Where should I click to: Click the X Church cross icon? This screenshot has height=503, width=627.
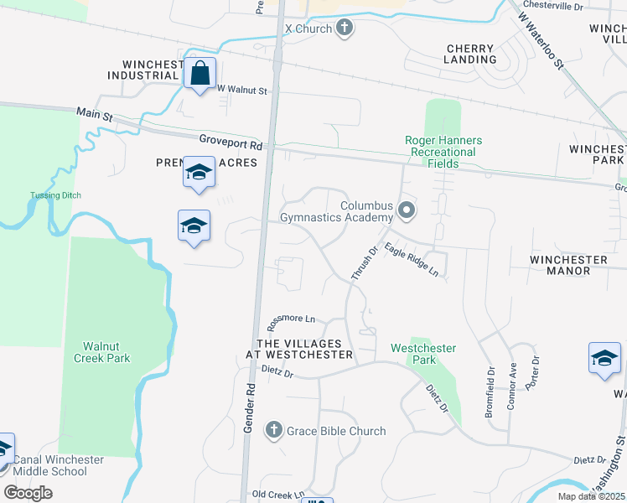coord(343,29)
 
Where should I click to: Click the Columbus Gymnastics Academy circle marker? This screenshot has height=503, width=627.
coord(407,210)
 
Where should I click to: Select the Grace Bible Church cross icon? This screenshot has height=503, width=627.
coord(272,431)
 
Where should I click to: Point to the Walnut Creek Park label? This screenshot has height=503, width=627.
coord(106,352)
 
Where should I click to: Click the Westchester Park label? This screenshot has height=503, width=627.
coord(423,354)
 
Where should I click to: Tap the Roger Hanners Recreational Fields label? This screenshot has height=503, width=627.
coord(441,152)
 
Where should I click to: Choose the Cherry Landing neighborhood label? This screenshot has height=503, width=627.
coord(471,54)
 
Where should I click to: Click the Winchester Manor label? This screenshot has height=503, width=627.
coord(568,265)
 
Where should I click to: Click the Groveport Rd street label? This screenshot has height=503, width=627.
coord(231,144)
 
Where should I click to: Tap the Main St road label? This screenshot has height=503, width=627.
coord(94,112)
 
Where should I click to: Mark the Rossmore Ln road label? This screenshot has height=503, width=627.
coord(290,319)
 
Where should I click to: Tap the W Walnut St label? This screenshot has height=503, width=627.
coord(241,90)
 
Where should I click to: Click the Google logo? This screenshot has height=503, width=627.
coord(28,493)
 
